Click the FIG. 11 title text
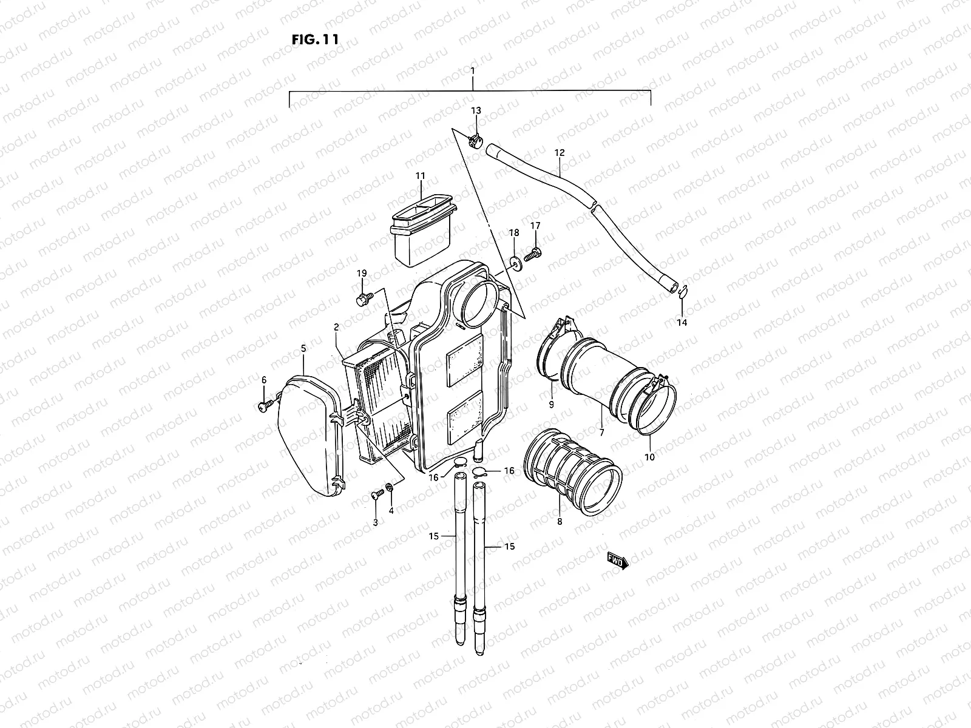click(x=314, y=39)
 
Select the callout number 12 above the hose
click(x=560, y=153)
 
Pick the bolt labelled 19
click(x=365, y=298)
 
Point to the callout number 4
click(x=391, y=511)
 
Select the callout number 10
click(x=650, y=457)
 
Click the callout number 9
click(x=551, y=404)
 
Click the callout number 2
click(x=336, y=328)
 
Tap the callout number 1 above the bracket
click(x=473, y=71)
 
